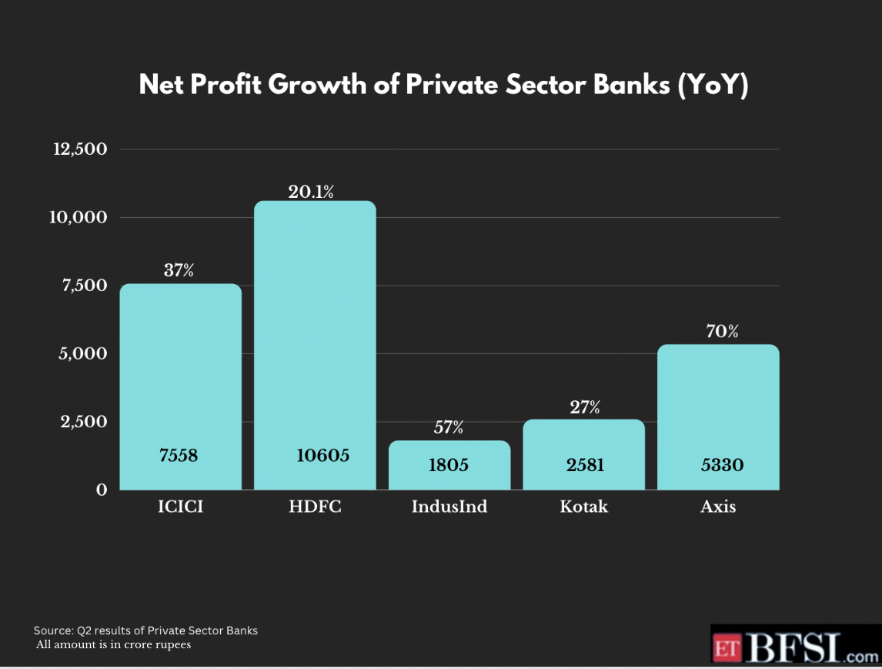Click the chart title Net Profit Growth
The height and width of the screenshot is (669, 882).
pos(443,85)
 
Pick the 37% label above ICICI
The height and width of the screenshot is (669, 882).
pos(179,270)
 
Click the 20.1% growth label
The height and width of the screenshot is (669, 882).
pos(311,192)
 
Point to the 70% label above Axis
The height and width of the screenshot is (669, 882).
pos(722,332)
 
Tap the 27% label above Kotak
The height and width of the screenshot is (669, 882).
pos(585,408)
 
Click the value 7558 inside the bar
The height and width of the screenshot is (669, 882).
pos(179,456)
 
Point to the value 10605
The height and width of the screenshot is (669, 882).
pos(323,456)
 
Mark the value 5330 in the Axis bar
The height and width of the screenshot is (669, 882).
pos(722,465)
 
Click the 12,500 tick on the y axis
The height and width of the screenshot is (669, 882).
pos(79,149)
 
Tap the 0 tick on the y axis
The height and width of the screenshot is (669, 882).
pos(101,490)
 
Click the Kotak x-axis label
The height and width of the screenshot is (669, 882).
pos(583,507)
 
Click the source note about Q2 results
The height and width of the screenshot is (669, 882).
pos(145,631)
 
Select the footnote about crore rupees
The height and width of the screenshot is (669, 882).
pos(114,644)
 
